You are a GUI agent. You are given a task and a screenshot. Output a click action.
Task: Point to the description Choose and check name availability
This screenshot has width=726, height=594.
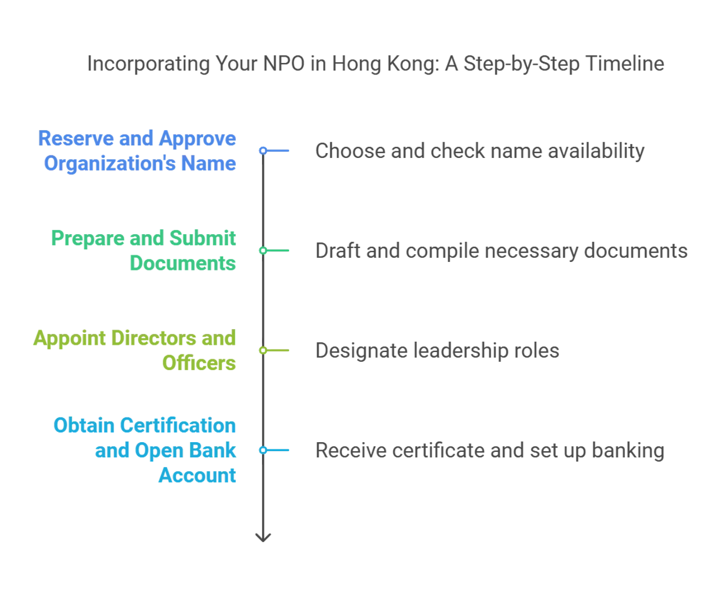click(479, 152)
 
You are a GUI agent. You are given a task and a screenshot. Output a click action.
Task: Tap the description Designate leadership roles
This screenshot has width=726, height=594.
click(437, 351)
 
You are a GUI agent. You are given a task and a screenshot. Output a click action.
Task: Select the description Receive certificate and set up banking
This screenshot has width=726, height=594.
click(491, 451)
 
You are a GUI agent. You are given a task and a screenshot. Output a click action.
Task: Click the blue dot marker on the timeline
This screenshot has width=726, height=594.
click(263, 150)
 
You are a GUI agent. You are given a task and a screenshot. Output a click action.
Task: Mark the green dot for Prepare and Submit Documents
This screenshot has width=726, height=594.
click(263, 250)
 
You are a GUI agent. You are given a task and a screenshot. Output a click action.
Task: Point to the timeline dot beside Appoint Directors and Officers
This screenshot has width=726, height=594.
click(263, 351)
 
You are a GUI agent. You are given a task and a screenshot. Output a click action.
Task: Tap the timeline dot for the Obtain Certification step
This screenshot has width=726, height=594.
click(263, 451)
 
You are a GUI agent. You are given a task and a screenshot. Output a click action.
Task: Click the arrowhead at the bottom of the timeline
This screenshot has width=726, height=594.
click(263, 538)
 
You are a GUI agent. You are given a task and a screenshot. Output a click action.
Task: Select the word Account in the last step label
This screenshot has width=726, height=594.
click(197, 475)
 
